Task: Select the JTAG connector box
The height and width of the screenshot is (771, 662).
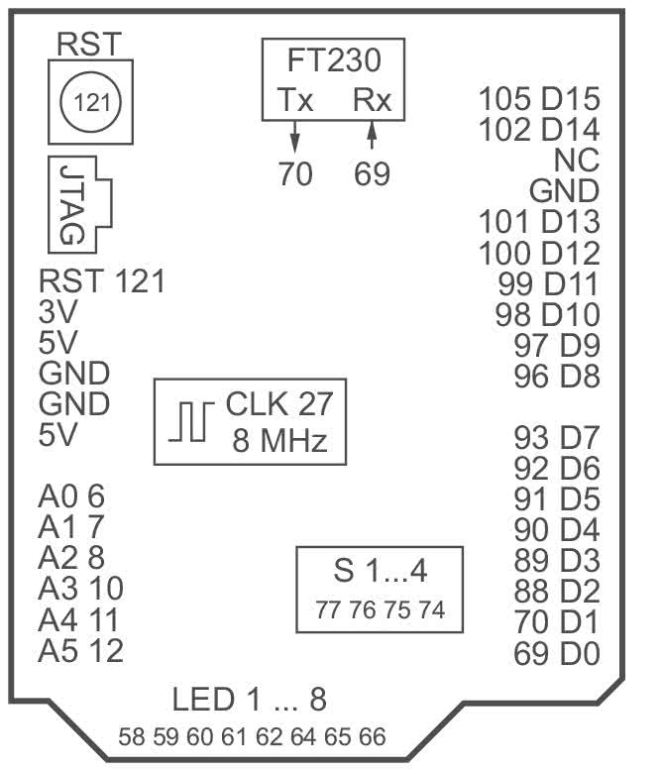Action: [x=79, y=205]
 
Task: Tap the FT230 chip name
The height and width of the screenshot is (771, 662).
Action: [x=334, y=60]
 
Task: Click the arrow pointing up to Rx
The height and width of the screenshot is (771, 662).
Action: [x=372, y=134]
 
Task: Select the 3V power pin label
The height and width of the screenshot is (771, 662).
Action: [x=58, y=312]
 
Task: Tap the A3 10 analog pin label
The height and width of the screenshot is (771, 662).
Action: [x=81, y=589]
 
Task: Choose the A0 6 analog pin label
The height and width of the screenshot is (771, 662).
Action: [x=71, y=496]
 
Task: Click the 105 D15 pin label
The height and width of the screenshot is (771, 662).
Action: [x=539, y=99]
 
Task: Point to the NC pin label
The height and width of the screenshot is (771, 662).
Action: [x=577, y=160]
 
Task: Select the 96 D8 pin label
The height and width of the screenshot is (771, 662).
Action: [x=557, y=377]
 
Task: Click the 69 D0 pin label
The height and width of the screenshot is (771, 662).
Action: [x=557, y=654]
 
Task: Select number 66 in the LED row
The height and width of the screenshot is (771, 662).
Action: [x=372, y=737]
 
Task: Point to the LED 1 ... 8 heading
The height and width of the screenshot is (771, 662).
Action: [x=249, y=700]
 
